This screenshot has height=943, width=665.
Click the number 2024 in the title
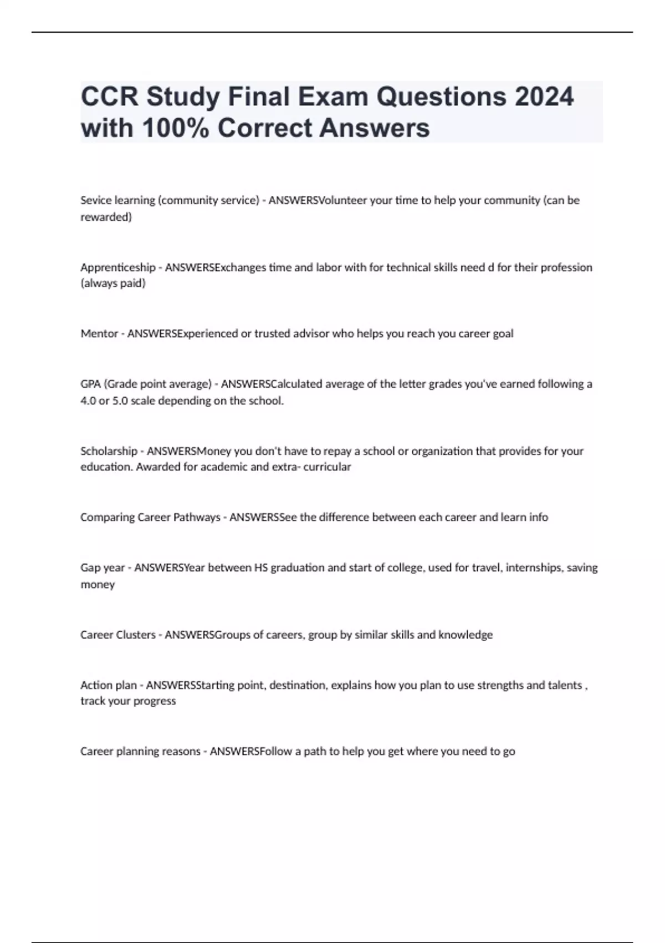(544, 97)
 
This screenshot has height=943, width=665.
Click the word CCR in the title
(109, 97)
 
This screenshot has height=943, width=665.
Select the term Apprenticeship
(117, 267)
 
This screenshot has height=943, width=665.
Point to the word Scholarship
(109, 451)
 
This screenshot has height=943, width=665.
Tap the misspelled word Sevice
(95, 200)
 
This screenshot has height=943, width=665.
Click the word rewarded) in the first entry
(106, 217)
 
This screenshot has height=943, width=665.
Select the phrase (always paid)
(113, 283)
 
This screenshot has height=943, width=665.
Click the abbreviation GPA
(90, 384)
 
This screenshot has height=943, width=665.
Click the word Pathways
(197, 517)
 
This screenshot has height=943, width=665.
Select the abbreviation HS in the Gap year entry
(260, 567)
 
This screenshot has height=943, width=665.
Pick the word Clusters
(136, 635)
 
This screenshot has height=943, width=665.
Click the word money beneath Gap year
(98, 584)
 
